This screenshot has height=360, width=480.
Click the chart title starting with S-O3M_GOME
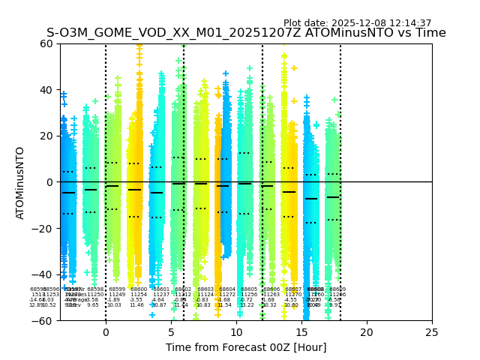pos(246,33)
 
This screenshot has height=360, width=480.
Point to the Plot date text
pos(357,23)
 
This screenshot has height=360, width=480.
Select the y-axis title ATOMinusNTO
pos(20,182)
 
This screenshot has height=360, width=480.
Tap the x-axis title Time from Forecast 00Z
pos(246,347)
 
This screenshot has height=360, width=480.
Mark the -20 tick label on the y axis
pos(44,229)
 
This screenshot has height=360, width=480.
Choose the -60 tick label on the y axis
pos(44,321)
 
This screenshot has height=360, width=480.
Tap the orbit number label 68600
pos(139,289)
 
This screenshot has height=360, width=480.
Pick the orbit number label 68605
pos(249,289)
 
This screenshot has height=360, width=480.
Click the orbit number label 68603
pos(205,289)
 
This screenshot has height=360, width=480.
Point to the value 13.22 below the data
pos(247,305)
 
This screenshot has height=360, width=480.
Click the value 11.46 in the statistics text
pos(136,305)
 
